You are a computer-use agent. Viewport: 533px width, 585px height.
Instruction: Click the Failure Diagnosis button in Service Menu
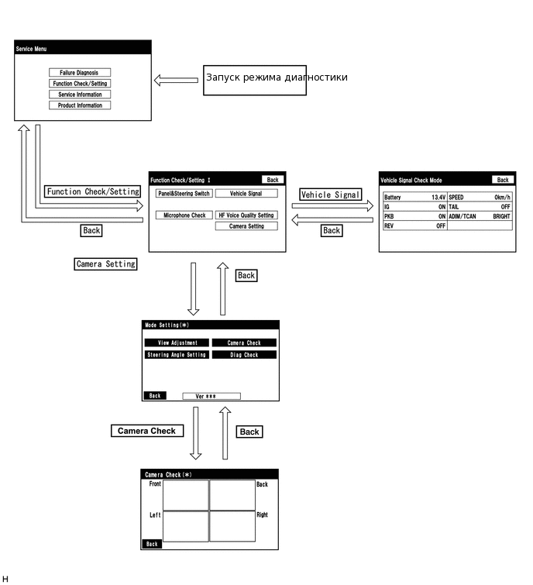tap(79, 73)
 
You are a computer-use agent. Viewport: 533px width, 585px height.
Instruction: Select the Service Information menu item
tap(79, 95)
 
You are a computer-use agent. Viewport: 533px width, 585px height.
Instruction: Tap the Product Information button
tap(79, 105)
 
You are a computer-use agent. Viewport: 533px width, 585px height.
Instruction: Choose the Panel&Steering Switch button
tap(183, 194)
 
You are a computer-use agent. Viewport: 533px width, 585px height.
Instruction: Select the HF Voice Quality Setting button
tap(246, 215)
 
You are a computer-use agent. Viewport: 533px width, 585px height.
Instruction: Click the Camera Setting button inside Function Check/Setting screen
tap(246, 226)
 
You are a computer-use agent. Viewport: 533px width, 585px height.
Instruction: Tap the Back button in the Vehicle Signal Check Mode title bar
tap(502, 180)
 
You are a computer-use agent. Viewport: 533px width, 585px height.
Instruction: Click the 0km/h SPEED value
tap(503, 198)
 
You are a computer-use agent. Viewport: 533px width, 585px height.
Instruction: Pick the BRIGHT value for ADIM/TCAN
tap(501, 217)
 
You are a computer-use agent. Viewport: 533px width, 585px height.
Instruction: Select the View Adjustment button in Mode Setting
tap(177, 342)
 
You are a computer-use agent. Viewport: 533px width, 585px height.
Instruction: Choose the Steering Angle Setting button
tap(177, 355)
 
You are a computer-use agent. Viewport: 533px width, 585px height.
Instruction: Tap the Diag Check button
tap(244, 355)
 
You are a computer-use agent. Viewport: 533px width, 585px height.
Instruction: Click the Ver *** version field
tap(211, 396)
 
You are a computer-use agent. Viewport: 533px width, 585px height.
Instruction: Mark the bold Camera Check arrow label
tap(146, 431)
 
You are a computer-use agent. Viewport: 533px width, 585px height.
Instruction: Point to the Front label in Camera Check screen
tap(155, 484)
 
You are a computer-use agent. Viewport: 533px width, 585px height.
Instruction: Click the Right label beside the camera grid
tap(262, 514)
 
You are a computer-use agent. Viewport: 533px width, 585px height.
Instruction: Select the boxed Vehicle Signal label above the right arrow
tap(330, 195)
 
